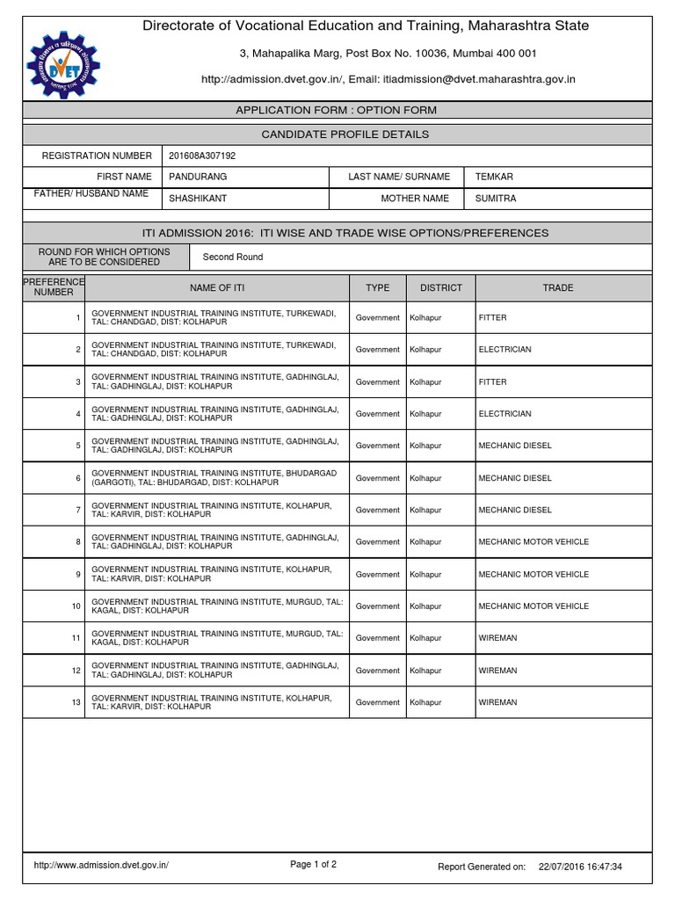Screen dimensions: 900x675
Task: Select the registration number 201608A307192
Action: [x=202, y=156]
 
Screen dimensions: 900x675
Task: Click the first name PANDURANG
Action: [x=198, y=177]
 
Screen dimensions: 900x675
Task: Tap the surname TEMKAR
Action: [x=494, y=177]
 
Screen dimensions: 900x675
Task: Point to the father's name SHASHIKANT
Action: [x=198, y=199]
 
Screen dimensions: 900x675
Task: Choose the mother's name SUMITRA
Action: [x=496, y=199]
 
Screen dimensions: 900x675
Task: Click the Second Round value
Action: [x=232, y=258]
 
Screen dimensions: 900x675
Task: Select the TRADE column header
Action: [x=557, y=287]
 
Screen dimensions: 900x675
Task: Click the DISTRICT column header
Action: [x=440, y=287]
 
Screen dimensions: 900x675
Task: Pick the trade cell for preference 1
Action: [x=492, y=317]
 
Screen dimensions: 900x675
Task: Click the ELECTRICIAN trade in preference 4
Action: [x=504, y=414]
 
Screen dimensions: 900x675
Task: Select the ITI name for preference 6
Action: [x=214, y=477]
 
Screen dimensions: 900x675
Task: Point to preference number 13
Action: [x=77, y=702]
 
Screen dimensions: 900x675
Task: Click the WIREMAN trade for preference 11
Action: [x=497, y=638]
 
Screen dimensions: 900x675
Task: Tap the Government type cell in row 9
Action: [x=377, y=574]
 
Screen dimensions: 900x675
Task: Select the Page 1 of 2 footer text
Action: [x=313, y=864]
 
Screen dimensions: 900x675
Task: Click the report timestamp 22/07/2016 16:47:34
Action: [x=580, y=867]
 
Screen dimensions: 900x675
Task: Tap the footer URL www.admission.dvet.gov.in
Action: [x=101, y=865]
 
